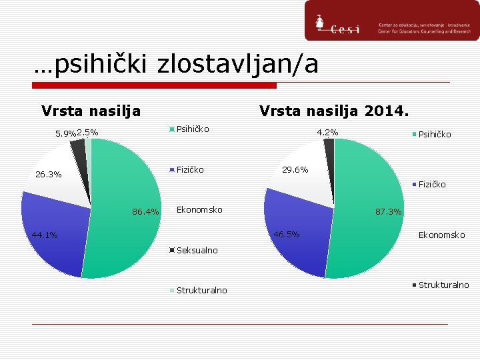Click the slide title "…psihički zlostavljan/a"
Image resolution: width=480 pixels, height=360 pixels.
[x=177, y=65]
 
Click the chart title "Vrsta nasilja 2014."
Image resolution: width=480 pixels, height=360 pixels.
[x=335, y=109]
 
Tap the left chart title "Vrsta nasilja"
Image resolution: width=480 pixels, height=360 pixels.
[x=91, y=109]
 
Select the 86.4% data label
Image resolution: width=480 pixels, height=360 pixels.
[x=145, y=212]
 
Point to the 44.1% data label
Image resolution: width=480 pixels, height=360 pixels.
[x=45, y=235]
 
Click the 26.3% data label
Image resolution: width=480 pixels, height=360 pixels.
[x=48, y=175]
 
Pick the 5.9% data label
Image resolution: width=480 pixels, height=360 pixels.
[x=65, y=133]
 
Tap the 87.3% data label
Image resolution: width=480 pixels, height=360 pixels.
[x=389, y=212]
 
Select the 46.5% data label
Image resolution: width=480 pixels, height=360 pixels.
[x=287, y=235]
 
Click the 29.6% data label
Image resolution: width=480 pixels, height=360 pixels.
[x=295, y=170]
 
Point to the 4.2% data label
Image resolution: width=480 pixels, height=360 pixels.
[x=327, y=132]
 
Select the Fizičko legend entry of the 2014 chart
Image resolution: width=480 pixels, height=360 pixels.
[x=429, y=184]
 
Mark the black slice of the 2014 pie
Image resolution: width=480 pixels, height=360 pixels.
[x=329, y=145]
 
